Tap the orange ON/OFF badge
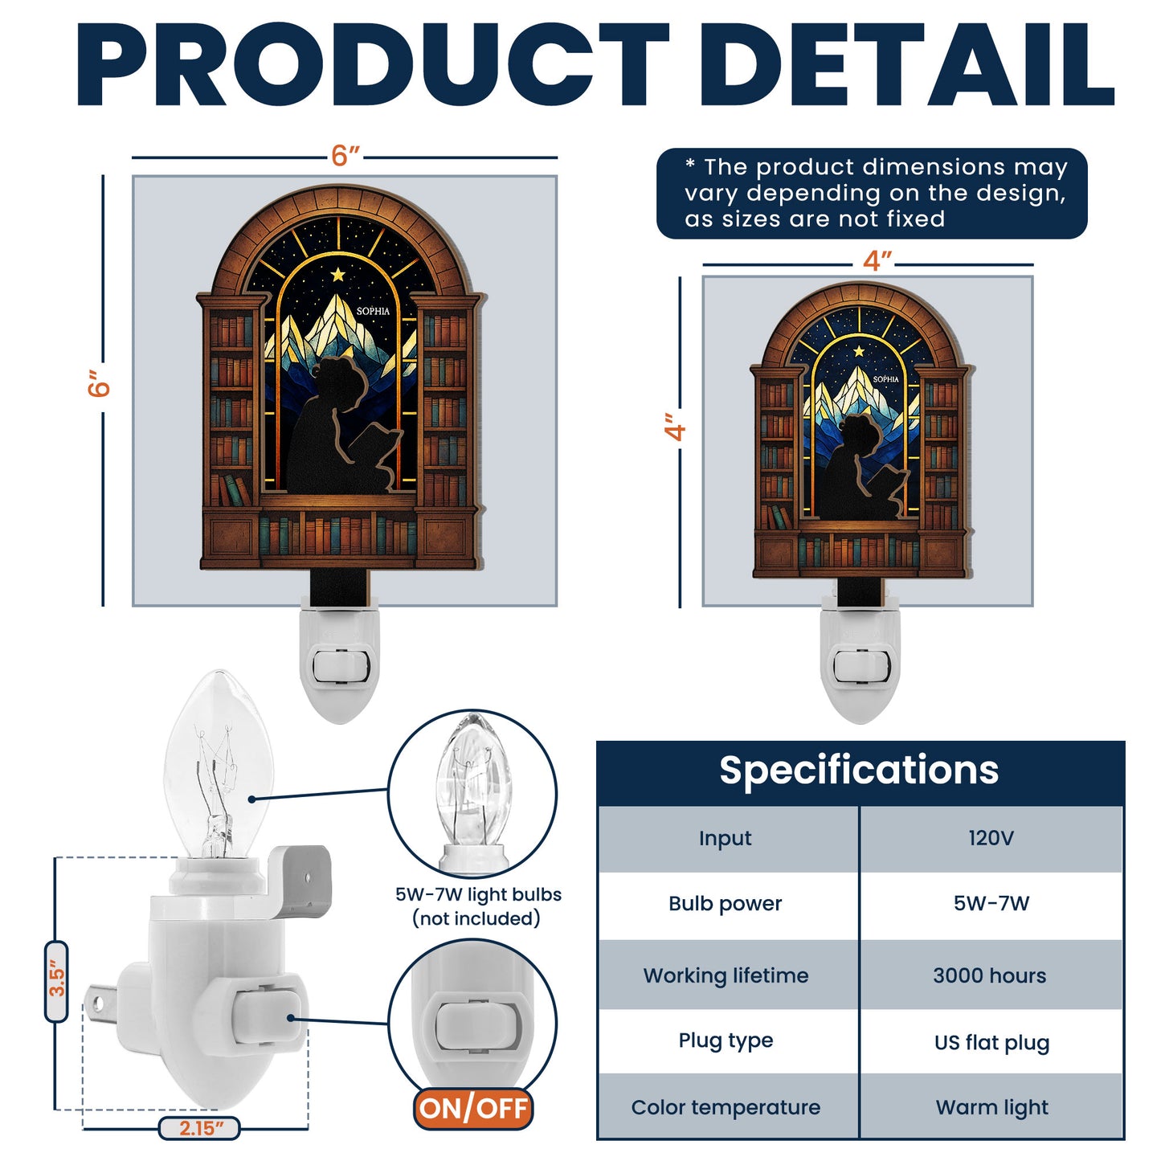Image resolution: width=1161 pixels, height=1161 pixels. [x=473, y=1109]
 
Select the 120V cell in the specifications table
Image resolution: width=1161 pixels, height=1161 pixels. [x=991, y=838]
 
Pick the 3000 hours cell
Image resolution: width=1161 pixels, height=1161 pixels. [x=990, y=975]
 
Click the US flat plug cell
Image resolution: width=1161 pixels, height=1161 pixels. [x=991, y=1042]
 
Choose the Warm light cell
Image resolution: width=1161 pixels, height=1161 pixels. [x=991, y=1107]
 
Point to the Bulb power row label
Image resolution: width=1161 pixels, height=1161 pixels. [x=725, y=904]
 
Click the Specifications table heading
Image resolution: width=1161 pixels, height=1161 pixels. [x=859, y=770]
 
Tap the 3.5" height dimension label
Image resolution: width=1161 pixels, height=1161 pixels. [x=56, y=981]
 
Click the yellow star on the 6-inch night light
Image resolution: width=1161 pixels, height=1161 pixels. [x=338, y=275]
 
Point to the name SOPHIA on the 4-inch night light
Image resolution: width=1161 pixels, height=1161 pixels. [x=886, y=379]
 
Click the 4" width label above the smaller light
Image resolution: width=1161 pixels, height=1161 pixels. [x=877, y=261]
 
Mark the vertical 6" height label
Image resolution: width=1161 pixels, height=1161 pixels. [x=99, y=384]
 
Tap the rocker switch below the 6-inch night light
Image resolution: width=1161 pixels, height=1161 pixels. [x=341, y=665]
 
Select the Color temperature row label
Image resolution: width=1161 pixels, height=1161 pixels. [x=726, y=1107]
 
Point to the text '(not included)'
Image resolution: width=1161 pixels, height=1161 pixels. [x=476, y=918]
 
